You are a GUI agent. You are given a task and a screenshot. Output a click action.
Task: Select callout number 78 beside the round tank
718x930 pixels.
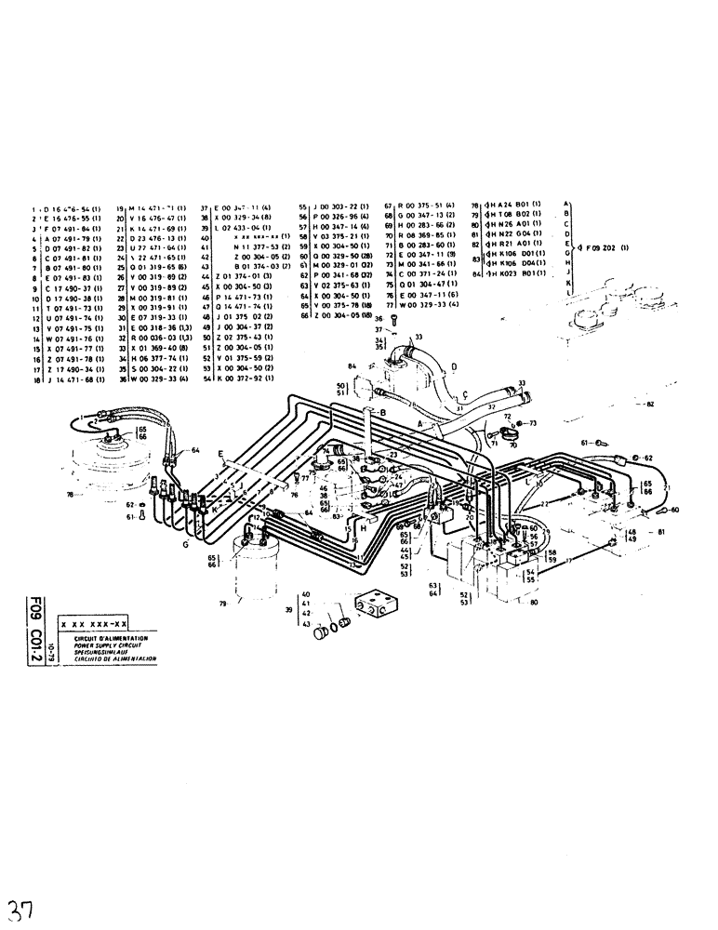click(71, 494)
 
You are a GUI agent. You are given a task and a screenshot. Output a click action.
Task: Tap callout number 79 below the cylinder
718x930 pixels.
click(224, 604)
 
